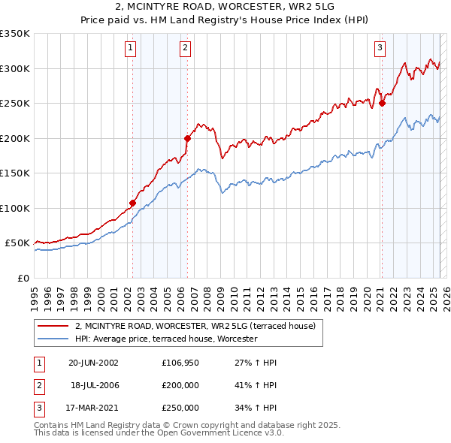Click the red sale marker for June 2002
[x=133, y=203]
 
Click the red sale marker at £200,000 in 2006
[x=187, y=138]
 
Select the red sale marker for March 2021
[x=382, y=103]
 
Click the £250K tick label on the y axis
[x=15, y=103]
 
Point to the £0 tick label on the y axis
[x=23, y=278]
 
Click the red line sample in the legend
[x=53, y=326]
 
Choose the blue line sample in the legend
[x=53, y=339]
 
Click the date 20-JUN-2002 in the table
[x=93, y=363]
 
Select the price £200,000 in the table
[x=180, y=385]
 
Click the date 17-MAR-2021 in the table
[x=93, y=408]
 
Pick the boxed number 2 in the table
[x=38, y=385]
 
